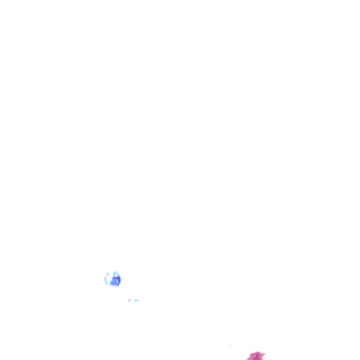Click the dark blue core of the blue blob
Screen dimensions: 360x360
coord(115,282)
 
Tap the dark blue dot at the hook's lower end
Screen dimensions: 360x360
coord(106,283)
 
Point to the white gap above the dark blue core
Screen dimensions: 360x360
coord(116,275)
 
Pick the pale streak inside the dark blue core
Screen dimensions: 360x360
coord(117,281)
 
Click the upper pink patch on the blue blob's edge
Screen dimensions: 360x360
coord(121,278)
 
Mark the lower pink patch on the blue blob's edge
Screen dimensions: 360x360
coord(120,283)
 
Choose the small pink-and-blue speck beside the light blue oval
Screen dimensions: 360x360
coord(129,300)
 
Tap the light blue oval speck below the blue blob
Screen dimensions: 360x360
coord(136,300)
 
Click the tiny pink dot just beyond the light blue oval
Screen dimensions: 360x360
coord(141,297)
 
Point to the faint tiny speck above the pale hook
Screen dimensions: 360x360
coord(95,268)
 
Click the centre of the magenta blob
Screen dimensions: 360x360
coord(257,356)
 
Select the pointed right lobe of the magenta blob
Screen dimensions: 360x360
coord(265,354)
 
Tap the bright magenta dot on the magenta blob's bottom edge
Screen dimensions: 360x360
coord(255,359)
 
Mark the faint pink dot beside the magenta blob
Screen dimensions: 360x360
coord(243,355)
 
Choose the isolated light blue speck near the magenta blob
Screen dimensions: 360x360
coord(230,346)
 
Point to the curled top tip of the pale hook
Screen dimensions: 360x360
coord(108,274)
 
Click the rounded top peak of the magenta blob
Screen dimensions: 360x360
coord(258,352)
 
